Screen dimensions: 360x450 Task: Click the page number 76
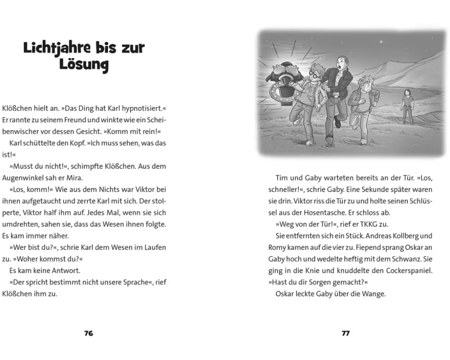88,333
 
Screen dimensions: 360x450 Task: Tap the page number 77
346,333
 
